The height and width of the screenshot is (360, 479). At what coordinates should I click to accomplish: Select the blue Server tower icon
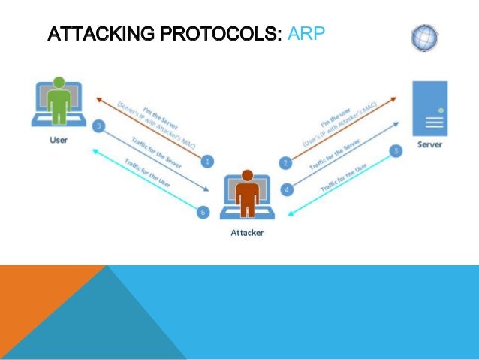point(430,108)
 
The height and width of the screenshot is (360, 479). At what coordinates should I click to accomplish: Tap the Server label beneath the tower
point(430,144)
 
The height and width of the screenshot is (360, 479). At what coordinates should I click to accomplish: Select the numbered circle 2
point(285,163)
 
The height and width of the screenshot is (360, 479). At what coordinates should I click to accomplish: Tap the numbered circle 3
point(98,126)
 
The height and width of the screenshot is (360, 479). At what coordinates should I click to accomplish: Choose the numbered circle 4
point(285,190)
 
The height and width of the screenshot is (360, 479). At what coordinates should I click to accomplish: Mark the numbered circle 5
point(396,151)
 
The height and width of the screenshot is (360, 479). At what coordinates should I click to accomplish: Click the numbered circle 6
point(202,213)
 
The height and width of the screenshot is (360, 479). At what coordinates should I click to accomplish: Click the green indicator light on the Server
point(441,110)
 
